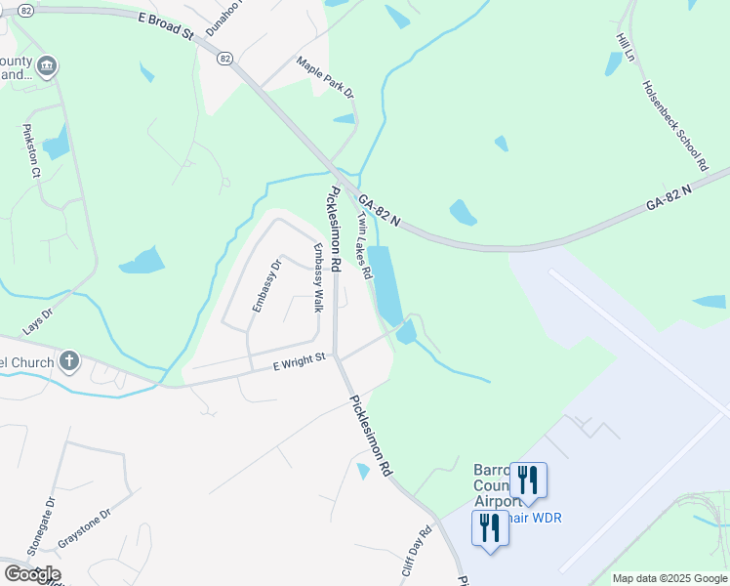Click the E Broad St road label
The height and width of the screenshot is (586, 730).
(167, 25)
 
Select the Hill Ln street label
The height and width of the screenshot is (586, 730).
(625, 47)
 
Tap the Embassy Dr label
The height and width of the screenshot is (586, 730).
(266, 284)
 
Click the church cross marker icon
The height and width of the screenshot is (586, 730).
(68, 362)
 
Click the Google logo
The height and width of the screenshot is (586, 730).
(31, 574)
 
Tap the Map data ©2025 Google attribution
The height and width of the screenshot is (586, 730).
(669, 578)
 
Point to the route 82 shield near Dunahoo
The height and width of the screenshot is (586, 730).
(225, 59)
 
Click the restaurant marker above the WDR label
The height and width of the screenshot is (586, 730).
(527, 481)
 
